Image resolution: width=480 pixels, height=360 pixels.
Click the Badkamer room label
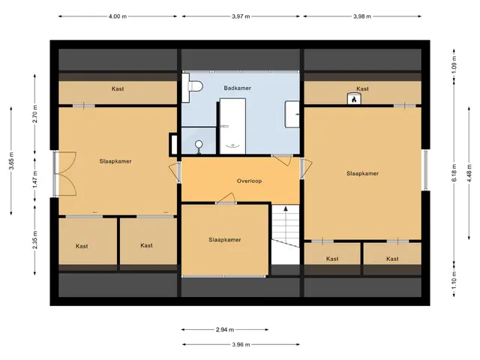tap(237, 88)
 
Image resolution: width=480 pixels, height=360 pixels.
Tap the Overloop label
tap(249, 181)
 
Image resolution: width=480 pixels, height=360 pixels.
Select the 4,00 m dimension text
tap(118, 16)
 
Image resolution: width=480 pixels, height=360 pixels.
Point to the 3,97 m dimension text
tap(241, 16)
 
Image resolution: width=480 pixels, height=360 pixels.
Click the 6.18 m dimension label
tap(454, 173)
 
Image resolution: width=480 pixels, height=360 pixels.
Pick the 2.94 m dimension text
tap(225, 330)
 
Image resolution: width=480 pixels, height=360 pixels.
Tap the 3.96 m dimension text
tap(241, 344)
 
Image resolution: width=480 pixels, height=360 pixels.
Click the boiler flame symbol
tap(354, 99)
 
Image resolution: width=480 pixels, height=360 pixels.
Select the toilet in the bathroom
tap(193, 87)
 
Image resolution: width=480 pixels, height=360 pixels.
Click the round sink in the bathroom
tap(199, 144)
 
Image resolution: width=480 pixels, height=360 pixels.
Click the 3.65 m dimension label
tap(11, 160)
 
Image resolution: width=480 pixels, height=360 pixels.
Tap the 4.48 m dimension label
tap(469, 173)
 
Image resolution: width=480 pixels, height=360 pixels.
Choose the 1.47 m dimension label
tap(35, 179)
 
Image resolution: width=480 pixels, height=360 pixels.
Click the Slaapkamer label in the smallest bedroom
tap(225, 240)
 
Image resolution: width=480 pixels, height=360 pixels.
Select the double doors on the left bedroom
tap(64, 173)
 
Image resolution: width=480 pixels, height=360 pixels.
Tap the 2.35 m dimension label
tap(35, 240)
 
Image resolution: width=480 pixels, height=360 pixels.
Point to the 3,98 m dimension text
tap(362, 16)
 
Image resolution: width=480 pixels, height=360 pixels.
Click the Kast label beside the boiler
tap(362, 88)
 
